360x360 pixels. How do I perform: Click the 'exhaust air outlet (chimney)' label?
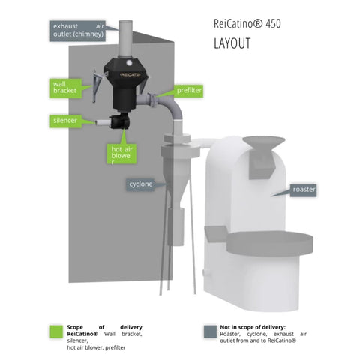[x=78, y=31]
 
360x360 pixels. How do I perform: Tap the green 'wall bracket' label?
[x=65, y=88]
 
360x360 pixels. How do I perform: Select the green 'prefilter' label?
[x=189, y=90]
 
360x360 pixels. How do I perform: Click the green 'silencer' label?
[x=65, y=121]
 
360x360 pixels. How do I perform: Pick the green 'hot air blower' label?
[x=121, y=154]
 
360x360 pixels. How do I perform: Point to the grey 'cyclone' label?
[x=140, y=184]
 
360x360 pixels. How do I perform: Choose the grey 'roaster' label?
[x=304, y=190]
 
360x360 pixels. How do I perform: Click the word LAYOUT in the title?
[x=232, y=43]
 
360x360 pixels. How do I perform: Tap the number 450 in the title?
[x=273, y=23]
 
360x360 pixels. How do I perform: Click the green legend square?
[x=56, y=331]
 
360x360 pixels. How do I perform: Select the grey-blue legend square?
[x=210, y=331]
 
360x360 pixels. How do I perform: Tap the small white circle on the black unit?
[x=129, y=62]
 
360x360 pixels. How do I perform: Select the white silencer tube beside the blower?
[x=103, y=122]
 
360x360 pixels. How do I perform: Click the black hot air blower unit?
[x=119, y=121]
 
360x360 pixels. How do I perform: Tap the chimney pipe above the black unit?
[x=126, y=40]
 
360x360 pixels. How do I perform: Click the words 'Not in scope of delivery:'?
[x=253, y=327]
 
